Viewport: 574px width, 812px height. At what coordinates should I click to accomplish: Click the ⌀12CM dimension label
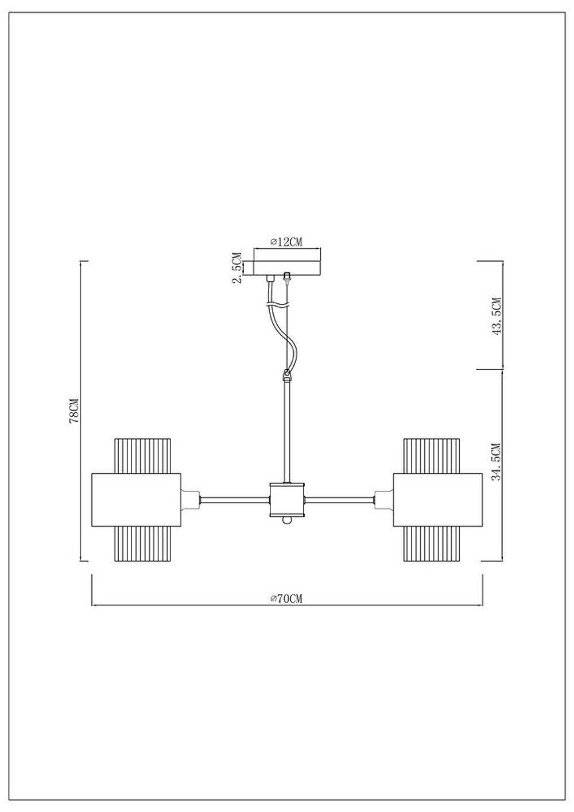(x=286, y=242)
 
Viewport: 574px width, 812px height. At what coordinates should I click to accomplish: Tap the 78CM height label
(x=74, y=411)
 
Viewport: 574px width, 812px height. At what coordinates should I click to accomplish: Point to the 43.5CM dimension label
(x=497, y=316)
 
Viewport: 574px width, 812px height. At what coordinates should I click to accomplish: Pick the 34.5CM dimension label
(x=496, y=462)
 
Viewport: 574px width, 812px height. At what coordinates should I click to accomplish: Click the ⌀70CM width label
(x=286, y=598)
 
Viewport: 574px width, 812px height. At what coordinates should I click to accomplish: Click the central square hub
(x=287, y=500)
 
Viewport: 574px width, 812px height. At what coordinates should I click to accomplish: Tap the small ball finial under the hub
(x=286, y=520)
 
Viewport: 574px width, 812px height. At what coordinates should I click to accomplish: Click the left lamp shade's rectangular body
(x=136, y=500)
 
